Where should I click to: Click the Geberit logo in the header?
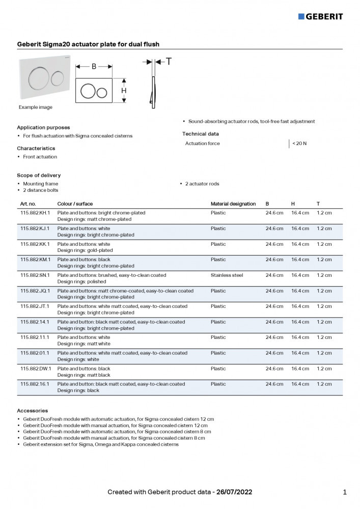[320, 16]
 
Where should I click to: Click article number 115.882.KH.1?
[35, 213]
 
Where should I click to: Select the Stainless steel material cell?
[227, 275]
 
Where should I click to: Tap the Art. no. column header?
[28, 204]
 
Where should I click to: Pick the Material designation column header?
[233, 204]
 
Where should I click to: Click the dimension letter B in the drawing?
[94, 66]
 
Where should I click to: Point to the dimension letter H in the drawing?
[124, 91]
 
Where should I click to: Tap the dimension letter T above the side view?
[169, 62]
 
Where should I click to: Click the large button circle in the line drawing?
[88, 91]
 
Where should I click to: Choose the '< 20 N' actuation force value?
[299, 144]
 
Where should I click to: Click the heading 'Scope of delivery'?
[39, 175]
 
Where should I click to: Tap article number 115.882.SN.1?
[35, 275]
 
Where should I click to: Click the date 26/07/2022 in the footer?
[234, 492]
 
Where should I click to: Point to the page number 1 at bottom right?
[345, 492]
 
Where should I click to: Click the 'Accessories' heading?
[33, 410]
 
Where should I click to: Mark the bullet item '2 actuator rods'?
[202, 184]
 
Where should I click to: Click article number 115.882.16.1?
[35, 384]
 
